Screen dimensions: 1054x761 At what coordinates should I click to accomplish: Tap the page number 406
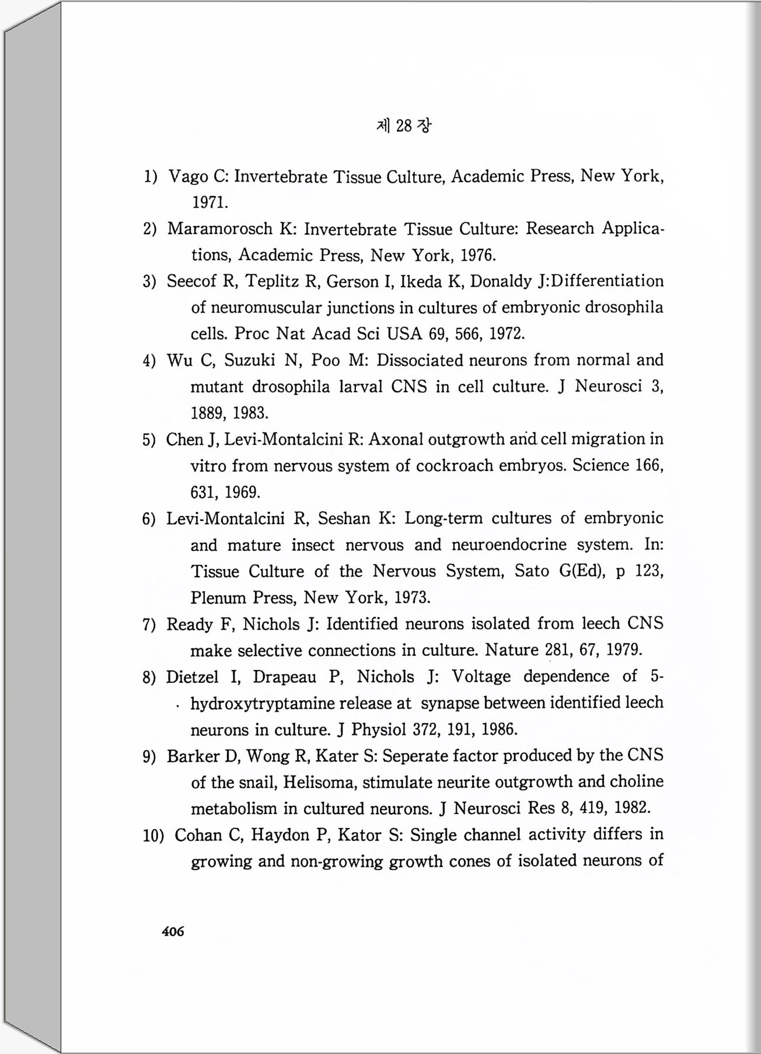click(x=173, y=931)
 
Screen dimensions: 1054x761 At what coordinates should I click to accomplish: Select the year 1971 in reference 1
click(x=210, y=203)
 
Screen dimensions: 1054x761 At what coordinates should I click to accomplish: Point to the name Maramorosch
click(x=220, y=229)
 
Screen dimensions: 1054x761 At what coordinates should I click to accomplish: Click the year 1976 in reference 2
click(x=477, y=255)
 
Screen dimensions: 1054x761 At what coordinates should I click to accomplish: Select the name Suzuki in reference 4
click(x=249, y=360)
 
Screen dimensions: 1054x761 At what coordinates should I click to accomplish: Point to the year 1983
click(x=250, y=413)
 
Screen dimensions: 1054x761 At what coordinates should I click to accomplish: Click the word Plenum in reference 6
click(x=218, y=598)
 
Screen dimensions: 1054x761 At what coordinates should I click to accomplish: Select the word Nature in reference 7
click(x=512, y=650)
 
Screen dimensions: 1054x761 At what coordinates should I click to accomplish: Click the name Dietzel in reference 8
click(x=192, y=677)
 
